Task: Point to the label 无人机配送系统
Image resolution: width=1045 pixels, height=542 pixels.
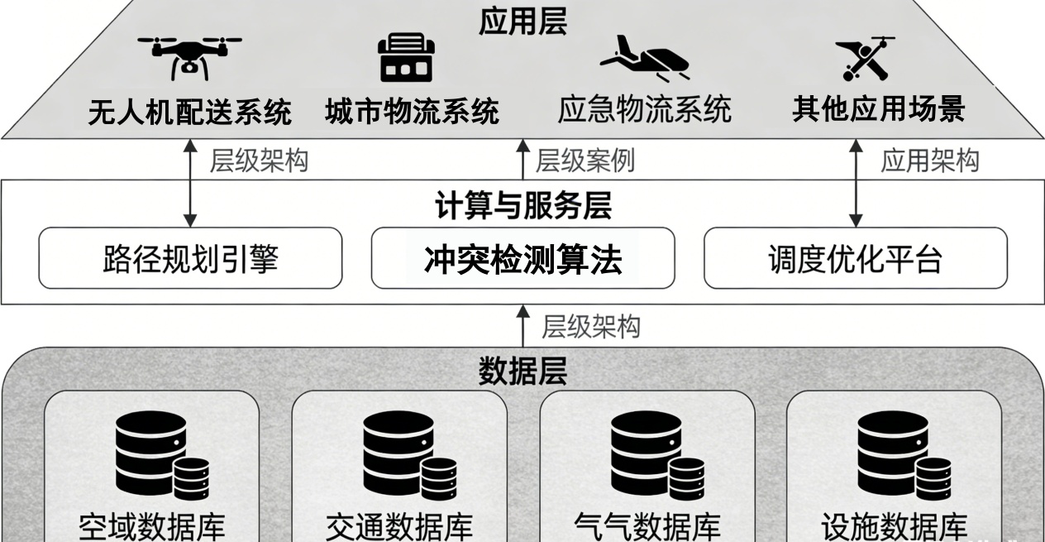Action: [189, 112]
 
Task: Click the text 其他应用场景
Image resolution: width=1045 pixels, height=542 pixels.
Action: [879, 109]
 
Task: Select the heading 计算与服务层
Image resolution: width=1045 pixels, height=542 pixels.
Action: [522, 206]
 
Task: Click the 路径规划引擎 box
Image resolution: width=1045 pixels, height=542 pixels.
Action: [190, 258]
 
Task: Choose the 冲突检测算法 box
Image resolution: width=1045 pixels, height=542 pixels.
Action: [522, 258]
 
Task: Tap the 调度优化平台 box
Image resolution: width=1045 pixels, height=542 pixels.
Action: [855, 258]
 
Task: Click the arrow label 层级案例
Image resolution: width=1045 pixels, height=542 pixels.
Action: [585, 161]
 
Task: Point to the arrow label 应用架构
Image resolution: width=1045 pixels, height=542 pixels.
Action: [929, 161]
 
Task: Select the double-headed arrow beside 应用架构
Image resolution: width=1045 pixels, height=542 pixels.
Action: [856, 183]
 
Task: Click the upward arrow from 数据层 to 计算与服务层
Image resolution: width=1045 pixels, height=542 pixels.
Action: [522, 325]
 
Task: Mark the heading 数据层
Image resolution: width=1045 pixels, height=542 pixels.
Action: [522, 372]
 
